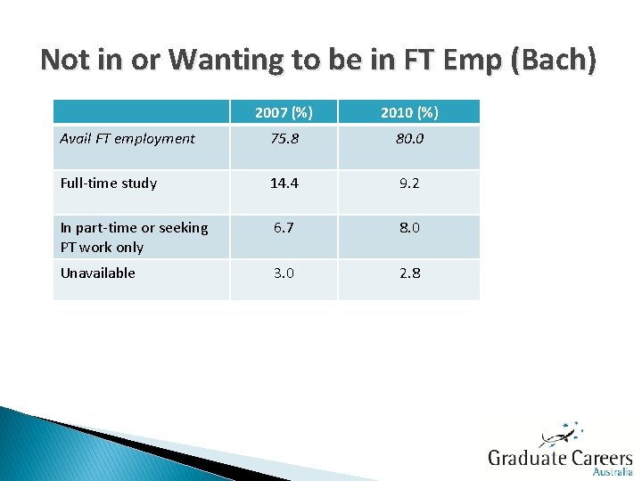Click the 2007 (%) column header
284,112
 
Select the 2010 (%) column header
408,112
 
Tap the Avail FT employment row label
128,138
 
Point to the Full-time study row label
109,183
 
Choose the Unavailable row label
98,273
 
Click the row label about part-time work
134,237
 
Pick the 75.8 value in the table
284,138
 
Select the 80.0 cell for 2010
408,138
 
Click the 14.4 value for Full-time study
284,183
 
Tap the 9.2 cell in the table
408,183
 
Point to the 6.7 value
284,227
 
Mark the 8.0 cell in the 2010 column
408,227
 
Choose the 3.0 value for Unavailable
284,273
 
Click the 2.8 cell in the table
408,273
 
